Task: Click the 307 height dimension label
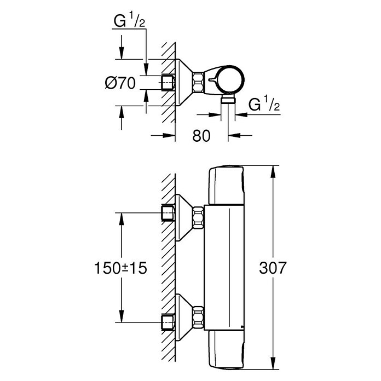click(x=273, y=268)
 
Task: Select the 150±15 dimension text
click(x=120, y=268)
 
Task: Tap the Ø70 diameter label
click(x=120, y=83)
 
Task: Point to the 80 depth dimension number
click(x=201, y=136)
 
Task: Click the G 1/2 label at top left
click(x=129, y=20)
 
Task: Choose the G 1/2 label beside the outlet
click(x=264, y=104)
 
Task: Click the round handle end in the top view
click(x=230, y=79)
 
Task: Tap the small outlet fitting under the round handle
click(x=228, y=100)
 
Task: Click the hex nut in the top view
click(x=198, y=82)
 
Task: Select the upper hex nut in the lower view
click(x=198, y=217)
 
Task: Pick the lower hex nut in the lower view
click(x=198, y=317)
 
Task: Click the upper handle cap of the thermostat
click(x=227, y=185)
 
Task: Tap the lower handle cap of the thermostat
click(x=227, y=350)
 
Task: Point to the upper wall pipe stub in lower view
click(x=168, y=213)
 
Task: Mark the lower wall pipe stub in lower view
click(x=168, y=322)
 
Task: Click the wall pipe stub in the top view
click(x=168, y=83)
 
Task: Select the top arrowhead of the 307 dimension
click(x=273, y=172)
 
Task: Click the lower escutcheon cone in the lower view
click(x=184, y=318)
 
